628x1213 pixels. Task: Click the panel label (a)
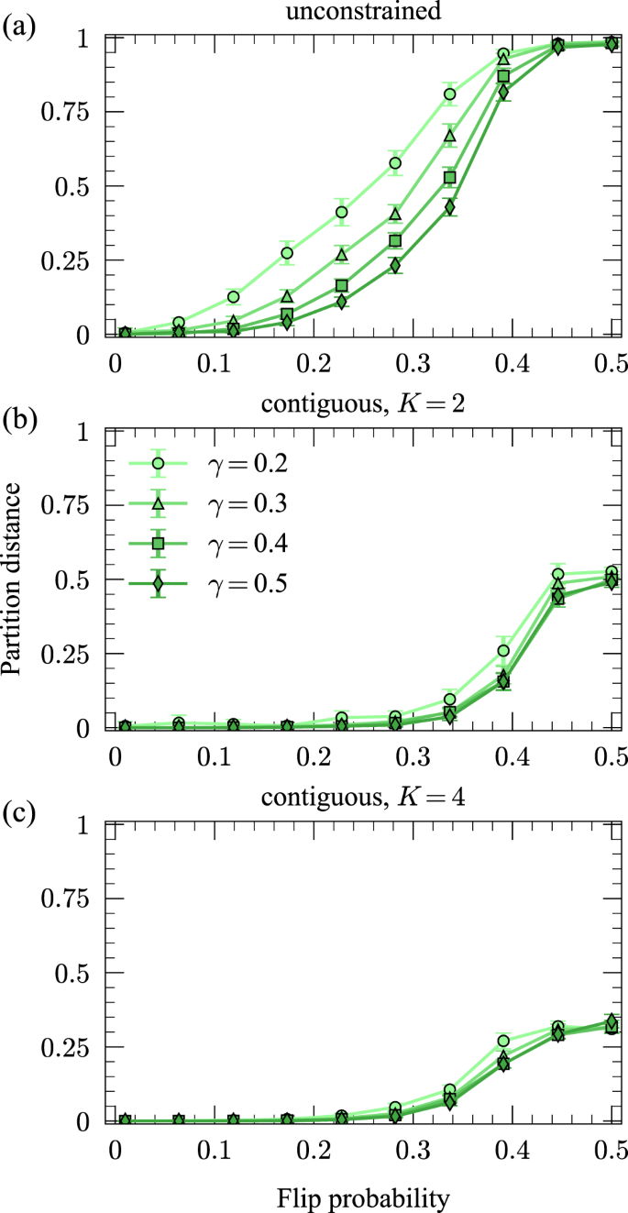[19, 27]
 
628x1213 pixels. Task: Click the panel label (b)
[19, 421]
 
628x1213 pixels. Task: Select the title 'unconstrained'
[363, 13]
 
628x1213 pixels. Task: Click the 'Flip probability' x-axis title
[363, 1194]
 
